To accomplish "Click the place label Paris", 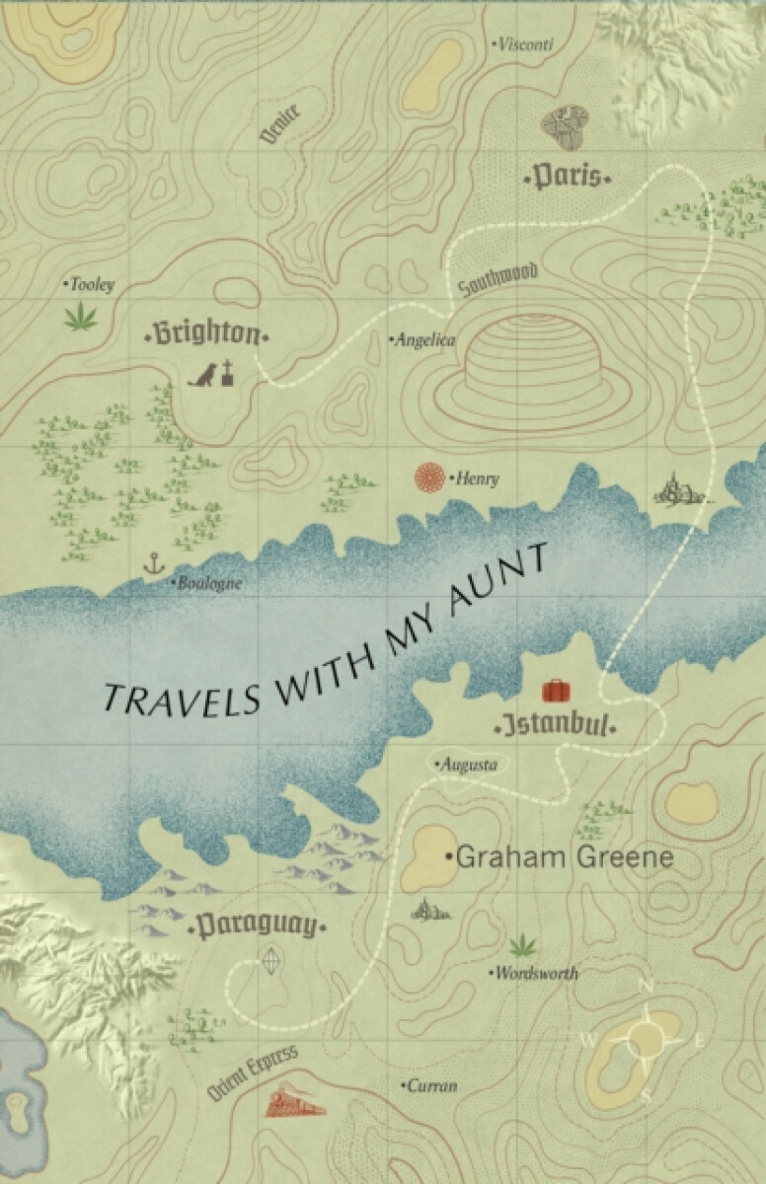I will coord(568,178).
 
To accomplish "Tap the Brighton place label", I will coord(206,333).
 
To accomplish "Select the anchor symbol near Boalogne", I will coord(152,564).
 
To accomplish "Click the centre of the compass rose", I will coord(646,1039).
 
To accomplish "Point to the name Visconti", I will coord(524,44).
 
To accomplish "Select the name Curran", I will coord(432,1086).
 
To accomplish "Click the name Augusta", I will coord(469,764).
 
